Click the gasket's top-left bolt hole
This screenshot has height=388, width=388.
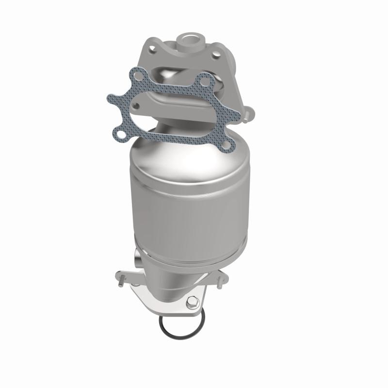[138, 76]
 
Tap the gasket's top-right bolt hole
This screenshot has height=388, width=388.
[206, 81]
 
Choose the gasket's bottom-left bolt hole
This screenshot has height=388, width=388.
[118, 129]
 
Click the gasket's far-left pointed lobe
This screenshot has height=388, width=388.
[110, 98]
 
